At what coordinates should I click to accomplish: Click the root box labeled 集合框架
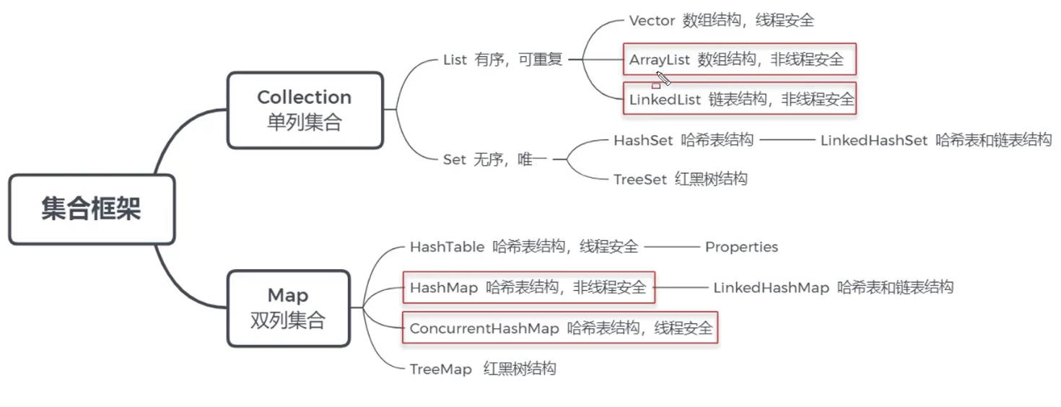[x=92, y=209]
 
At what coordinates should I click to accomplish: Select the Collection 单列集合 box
[x=305, y=110]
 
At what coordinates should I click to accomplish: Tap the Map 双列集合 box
[x=288, y=308]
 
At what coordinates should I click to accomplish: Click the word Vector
[x=651, y=21]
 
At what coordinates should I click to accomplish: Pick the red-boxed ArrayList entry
[x=739, y=59]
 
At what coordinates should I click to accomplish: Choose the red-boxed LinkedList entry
[x=740, y=100]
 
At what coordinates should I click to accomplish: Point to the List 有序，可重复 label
[x=502, y=61]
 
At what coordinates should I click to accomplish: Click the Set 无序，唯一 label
[x=494, y=159]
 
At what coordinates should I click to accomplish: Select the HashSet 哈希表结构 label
[x=684, y=141]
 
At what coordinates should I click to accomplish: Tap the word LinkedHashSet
[x=873, y=141]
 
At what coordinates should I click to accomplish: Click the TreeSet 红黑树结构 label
[x=680, y=179]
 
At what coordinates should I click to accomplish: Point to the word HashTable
[x=447, y=248]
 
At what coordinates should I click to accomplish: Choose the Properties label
[x=741, y=248]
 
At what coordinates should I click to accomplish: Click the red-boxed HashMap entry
[x=528, y=288]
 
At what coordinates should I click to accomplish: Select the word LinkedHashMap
[x=771, y=288]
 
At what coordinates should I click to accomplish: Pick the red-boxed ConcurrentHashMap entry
[x=560, y=328]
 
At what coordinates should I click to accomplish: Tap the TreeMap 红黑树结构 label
[x=483, y=369]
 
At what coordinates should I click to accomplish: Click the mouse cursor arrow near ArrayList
[x=663, y=78]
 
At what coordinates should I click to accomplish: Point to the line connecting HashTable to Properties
[x=671, y=248]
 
